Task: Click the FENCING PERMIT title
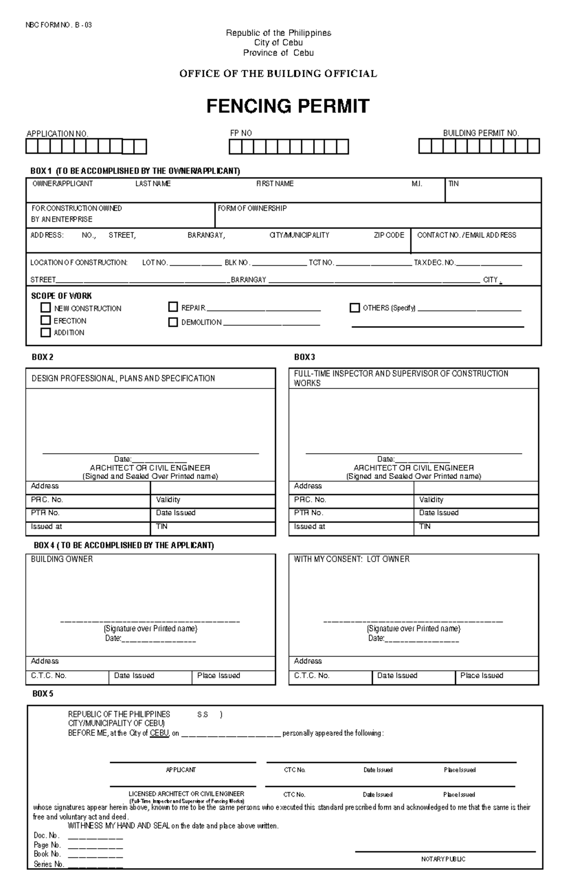(x=288, y=106)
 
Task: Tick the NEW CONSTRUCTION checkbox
(x=46, y=308)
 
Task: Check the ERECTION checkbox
(x=46, y=320)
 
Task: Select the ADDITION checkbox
(x=46, y=332)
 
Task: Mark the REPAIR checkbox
(x=173, y=307)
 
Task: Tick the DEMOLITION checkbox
(x=173, y=322)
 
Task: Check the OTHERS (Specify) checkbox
(x=355, y=308)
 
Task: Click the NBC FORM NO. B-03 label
(x=58, y=25)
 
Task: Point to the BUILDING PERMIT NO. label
(x=481, y=133)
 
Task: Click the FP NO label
(x=241, y=133)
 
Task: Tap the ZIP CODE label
(x=389, y=235)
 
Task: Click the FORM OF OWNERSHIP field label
(x=252, y=208)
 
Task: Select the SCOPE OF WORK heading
(x=61, y=296)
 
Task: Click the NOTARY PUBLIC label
(x=443, y=859)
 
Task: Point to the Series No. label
(x=49, y=864)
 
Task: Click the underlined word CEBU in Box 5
(x=159, y=733)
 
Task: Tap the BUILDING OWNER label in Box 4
(x=62, y=559)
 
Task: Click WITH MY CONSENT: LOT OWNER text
(x=351, y=559)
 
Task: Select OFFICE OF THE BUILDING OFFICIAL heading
(x=278, y=73)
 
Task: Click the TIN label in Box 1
(x=453, y=183)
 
